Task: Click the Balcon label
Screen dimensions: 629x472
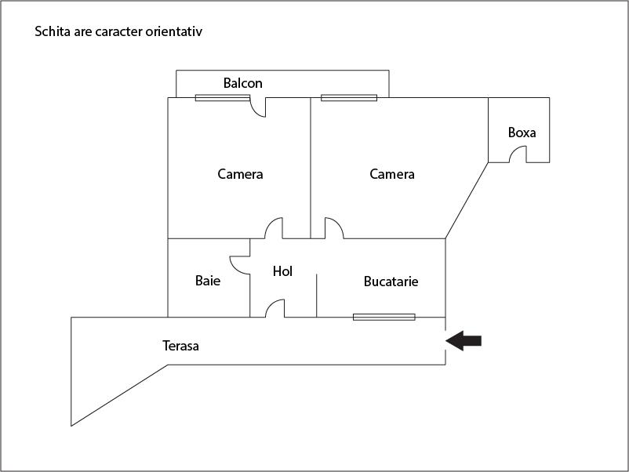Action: [x=242, y=83]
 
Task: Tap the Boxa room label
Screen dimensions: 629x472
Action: [x=522, y=133]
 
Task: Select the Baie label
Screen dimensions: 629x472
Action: [x=208, y=281]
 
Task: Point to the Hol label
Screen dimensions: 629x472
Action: [x=282, y=271]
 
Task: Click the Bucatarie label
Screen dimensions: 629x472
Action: [x=391, y=281]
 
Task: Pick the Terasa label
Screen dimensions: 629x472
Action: [x=180, y=346]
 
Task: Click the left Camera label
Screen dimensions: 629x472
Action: [x=240, y=174]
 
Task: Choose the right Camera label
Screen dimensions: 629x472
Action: [x=392, y=174]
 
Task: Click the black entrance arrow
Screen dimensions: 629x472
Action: [x=464, y=341]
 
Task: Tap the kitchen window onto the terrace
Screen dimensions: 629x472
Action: [x=384, y=318]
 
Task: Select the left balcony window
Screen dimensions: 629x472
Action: [x=223, y=97]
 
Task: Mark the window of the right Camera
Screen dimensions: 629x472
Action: [x=349, y=97]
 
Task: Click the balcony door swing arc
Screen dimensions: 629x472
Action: [x=257, y=107]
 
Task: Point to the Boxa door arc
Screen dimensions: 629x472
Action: [x=518, y=154]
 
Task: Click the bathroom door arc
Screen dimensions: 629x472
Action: [x=240, y=265]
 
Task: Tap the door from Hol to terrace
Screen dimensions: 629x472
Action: [x=275, y=308]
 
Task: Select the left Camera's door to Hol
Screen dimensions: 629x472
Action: [x=274, y=228]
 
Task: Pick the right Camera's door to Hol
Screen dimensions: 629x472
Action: [x=334, y=228]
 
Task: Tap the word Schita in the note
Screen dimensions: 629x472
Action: [x=53, y=31]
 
